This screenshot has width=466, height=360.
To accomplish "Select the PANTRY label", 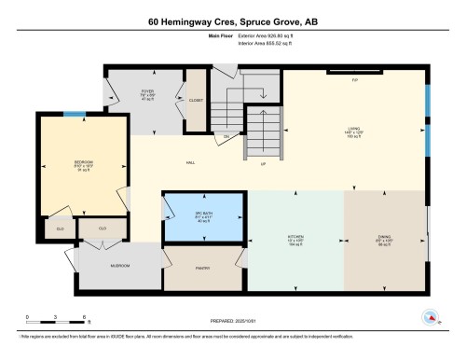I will pyautogui.click(x=203, y=268).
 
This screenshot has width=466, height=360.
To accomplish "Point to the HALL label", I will pyautogui.click(x=190, y=163).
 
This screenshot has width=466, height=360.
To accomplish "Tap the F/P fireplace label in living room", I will pyautogui.click(x=355, y=80).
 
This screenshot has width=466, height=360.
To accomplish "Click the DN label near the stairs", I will pyautogui.click(x=226, y=137).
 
